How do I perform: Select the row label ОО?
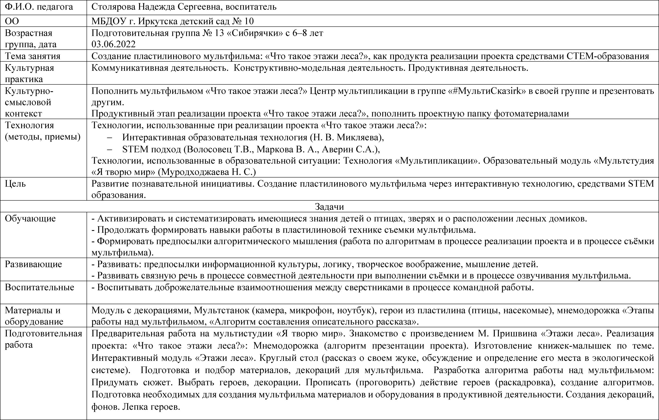(12, 21)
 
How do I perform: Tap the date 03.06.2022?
(113, 44)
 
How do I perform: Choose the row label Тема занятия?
(33, 56)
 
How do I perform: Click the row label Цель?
(15, 183)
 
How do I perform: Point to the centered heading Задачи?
(329, 207)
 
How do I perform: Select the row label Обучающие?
(30, 218)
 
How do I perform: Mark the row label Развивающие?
(33, 264)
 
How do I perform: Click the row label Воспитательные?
(39, 287)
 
